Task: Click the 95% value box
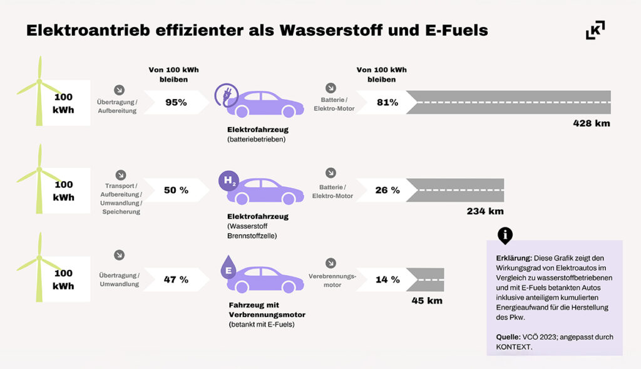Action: pos(176,102)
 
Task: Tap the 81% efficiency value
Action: pos(387,102)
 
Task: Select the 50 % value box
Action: pos(176,190)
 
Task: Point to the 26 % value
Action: pos(387,190)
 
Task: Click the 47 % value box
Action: pos(176,279)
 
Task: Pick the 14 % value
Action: pos(387,279)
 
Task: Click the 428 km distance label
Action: pos(591,123)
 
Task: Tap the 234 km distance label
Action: pos(485,211)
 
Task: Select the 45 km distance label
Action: pos(427,301)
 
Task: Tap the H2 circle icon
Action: pos(228,182)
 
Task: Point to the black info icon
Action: pos(505,236)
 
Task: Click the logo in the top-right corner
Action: pos(595,30)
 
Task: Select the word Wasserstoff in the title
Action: pos(336,31)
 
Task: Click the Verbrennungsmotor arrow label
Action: pos(332,280)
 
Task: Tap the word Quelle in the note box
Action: pos(508,337)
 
